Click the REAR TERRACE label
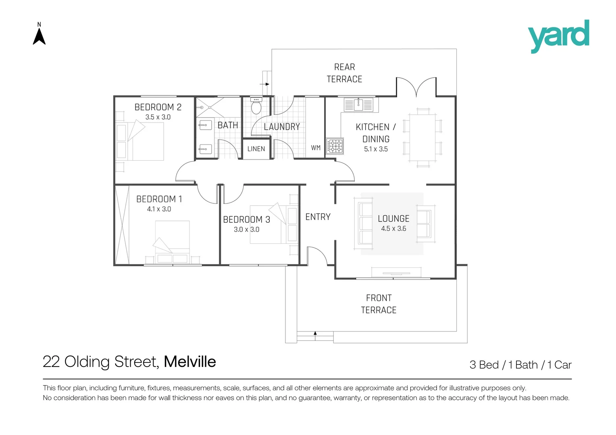point(344,73)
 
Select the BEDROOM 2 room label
point(158,107)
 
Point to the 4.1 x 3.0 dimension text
point(159,209)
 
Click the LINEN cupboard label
point(256,149)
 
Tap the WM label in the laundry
point(316,148)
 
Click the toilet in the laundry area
point(256,106)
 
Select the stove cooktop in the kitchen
point(335,146)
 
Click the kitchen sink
point(358,105)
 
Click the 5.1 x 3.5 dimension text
point(376,149)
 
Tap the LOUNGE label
point(393,219)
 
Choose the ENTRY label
point(318,217)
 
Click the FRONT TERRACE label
point(379,304)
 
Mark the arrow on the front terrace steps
point(315,333)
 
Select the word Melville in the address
point(190,362)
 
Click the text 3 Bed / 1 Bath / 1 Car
point(520,365)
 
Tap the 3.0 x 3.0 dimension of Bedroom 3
point(246,230)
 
